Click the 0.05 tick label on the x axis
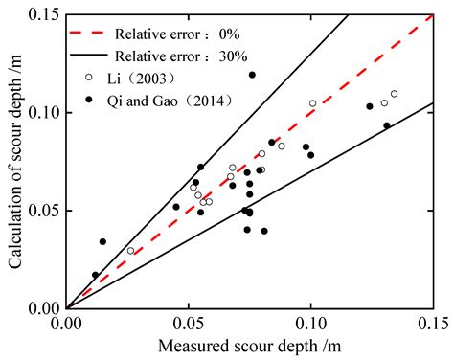[x=189, y=325]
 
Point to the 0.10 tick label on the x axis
[x=311, y=325]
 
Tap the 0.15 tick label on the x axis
[x=433, y=325]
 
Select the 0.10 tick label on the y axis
[x=43, y=112]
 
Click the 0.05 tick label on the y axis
[x=43, y=210]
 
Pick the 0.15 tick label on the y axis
[x=43, y=14]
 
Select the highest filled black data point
[x=252, y=75]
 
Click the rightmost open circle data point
[x=394, y=94]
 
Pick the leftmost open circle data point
[x=131, y=251]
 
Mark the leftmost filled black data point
[x=95, y=275]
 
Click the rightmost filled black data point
[x=387, y=125]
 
